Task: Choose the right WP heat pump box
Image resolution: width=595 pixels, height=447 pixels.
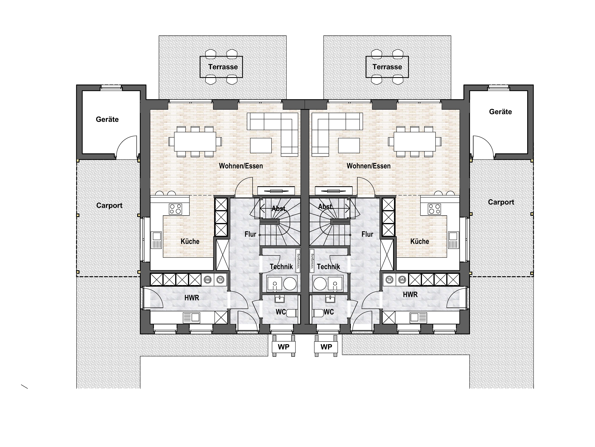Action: pyautogui.click(x=326, y=347)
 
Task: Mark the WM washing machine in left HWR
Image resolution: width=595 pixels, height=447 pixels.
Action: pyautogui.click(x=208, y=280)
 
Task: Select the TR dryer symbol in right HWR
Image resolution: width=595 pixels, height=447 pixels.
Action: pyautogui.click(x=390, y=280)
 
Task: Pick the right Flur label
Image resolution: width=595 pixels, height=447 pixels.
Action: pyautogui.click(x=367, y=234)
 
